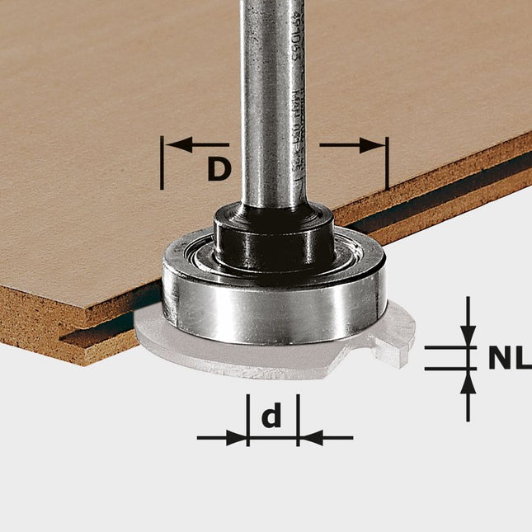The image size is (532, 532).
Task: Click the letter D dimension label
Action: tap(217, 169)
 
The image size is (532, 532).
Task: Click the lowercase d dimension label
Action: tap(271, 417)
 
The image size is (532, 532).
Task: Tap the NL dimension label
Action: tap(507, 359)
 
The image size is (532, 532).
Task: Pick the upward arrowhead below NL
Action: tap(468, 381)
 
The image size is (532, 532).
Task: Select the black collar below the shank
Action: tap(274, 239)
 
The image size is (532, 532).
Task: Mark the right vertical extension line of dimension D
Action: tap(386, 165)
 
